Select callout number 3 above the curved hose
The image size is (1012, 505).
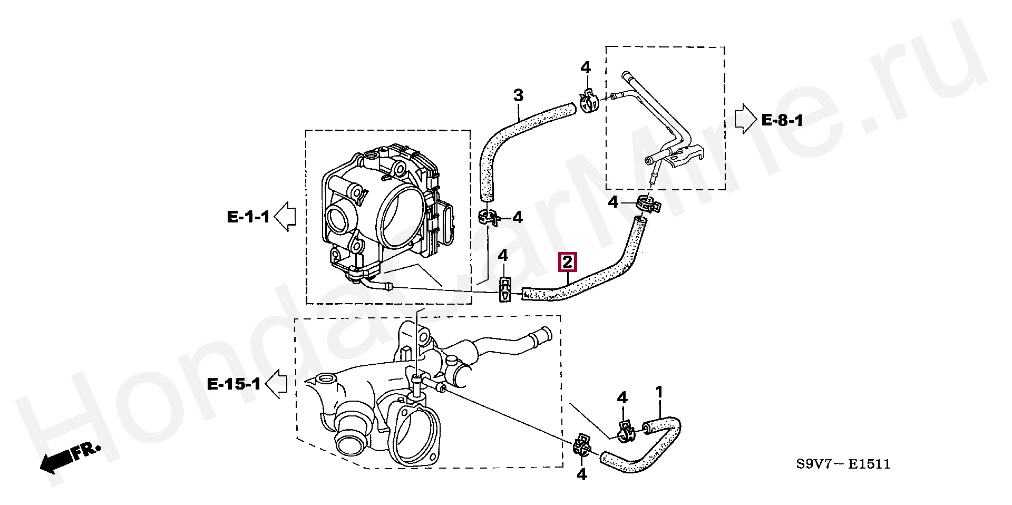(x=519, y=96)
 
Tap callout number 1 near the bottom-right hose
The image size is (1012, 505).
(x=659, y=393)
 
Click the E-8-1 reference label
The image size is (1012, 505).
(x=782, y=121)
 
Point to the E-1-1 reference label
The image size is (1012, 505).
(x=248, y=217)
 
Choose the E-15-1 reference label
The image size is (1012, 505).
(x=234, y=384)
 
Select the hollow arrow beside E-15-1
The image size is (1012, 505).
(x=276, y=383)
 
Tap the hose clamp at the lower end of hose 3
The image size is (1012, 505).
(x=489, y=217)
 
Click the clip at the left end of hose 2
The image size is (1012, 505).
(x=505, y=290)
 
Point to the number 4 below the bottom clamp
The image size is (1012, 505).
(x=581, y=475)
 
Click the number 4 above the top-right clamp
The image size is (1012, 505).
(x=586, y=67)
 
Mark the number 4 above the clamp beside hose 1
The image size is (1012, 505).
(x=622, y=398)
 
